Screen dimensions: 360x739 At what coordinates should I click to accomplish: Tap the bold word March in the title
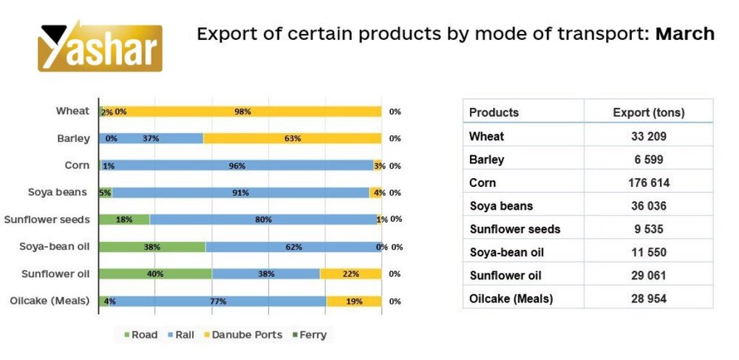point(684,34)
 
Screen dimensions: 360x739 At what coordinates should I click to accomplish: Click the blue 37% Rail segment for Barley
point(151,138)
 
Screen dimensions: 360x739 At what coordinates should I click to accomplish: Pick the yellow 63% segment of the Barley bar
point(292,138)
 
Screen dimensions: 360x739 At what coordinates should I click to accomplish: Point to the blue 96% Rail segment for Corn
point(236,166)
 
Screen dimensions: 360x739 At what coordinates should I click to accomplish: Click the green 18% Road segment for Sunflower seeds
point(123,220)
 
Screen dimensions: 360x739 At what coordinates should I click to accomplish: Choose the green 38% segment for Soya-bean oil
point(152,247)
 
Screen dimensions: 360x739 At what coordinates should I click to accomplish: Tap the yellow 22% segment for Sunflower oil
point(351,274)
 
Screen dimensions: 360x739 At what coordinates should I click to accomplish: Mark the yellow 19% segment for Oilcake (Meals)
point(354,301)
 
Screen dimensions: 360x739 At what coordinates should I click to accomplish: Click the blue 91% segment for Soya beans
point(240,193)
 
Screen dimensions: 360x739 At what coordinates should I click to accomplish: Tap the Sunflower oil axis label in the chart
point(57,274)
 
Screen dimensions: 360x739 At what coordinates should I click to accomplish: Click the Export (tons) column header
point(648,112)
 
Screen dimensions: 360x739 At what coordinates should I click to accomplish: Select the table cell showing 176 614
point(648,183)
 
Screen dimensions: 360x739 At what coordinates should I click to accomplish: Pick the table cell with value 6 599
point(648,160)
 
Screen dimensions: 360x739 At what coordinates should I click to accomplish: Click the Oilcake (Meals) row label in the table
point(511,299)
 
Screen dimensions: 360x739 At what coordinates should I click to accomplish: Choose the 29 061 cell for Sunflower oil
point(648,275)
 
